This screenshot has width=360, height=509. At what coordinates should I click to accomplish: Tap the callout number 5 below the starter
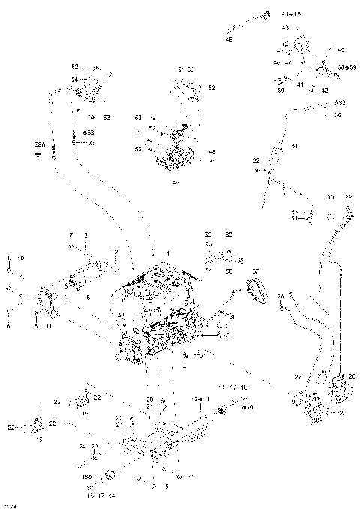click(x=88, y=298)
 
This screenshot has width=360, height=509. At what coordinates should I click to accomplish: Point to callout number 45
click(x=229, y=40)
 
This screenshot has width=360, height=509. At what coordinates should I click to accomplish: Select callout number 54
click(x=74, y=79)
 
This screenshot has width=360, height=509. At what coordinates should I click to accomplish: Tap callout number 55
click(x=37, y=155)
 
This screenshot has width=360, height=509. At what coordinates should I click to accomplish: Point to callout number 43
click(x=285, y=28)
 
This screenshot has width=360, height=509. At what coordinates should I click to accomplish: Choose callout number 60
click(x=229, y=235)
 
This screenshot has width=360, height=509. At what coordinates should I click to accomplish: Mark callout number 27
click(x=298, y=376)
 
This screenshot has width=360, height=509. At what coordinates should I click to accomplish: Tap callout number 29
click(x=347, y=196)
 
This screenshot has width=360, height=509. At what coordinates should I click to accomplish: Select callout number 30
click(x=330, y=196)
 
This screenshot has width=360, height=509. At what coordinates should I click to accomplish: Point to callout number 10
click(x=20, y=258)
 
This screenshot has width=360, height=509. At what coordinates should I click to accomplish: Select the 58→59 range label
click(x=347, y=67)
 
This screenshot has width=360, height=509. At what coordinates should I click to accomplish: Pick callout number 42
click(x=325, y=90)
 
